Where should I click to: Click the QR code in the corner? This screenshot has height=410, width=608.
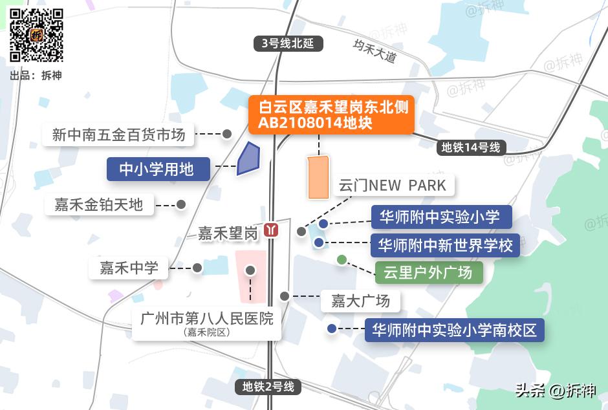click(x=36, y=35)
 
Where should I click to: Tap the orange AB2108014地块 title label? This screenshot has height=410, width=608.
click(x=330, y=115)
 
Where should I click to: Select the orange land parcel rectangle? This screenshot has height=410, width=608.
click(x=318, y=177)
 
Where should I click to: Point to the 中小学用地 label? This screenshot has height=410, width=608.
click(x=158, y=169)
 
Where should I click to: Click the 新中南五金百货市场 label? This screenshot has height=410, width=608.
click(x=118, y=135)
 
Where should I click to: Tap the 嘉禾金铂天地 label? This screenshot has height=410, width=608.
click(x=98, y=205)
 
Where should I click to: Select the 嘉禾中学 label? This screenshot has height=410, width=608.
click(x=129, y=268)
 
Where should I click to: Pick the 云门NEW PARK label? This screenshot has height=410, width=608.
click(x=393, y=186)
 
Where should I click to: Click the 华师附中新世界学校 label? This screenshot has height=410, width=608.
click(x=446, y=245)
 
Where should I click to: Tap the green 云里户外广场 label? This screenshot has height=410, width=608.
click(x=428, y=272)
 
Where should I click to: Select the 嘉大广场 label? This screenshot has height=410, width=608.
click(x=360, y=301)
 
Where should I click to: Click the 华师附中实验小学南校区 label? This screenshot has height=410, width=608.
click(x=454, y=330)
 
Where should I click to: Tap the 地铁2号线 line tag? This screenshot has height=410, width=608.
click(x=268, y=387)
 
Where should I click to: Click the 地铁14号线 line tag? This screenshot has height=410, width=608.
click(x=471, y=147)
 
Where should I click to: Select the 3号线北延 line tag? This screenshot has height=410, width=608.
click(x=287, y=44)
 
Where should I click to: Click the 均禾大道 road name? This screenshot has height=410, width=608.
click(x=375, y=50)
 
